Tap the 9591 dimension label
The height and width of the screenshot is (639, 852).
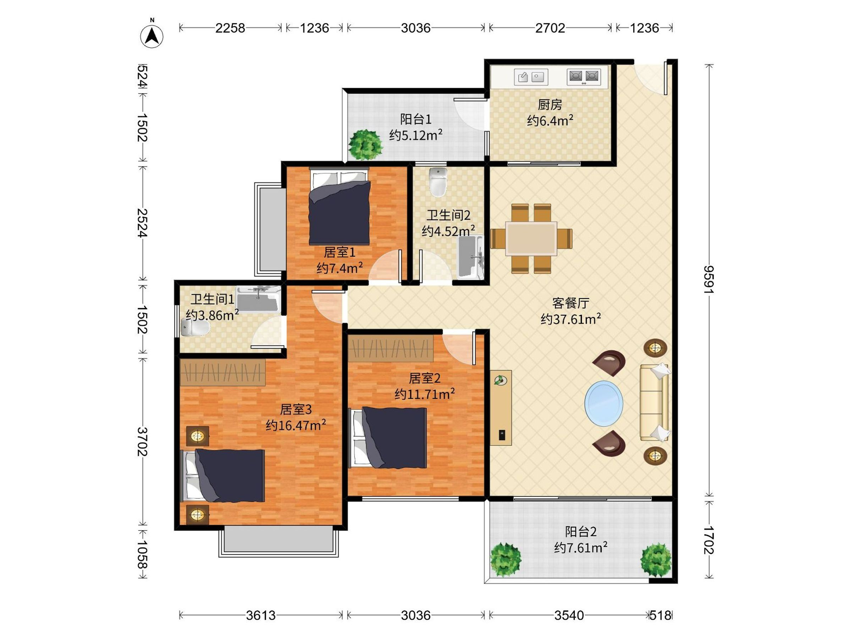pos(708,279)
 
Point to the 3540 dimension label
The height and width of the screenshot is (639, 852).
pos(569,615)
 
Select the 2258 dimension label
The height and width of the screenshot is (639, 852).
pos(230,28)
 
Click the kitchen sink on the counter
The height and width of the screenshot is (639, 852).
pos(531,77)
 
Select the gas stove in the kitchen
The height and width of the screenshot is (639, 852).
pos(584,77)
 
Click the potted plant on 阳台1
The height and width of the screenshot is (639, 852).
pos(365,145)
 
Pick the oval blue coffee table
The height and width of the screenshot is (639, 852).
pos(603,404)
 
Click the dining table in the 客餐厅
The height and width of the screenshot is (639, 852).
pos(531,239)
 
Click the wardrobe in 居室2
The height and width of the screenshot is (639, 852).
pos(390,348)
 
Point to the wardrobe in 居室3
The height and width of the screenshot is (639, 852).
pos(223,372)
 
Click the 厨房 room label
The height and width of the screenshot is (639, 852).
pos(550,104)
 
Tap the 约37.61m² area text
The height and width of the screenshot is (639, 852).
pos(570,319)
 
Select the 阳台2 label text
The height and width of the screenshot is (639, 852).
pos(581,531)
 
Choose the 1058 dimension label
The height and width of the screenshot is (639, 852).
pos(142,554)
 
